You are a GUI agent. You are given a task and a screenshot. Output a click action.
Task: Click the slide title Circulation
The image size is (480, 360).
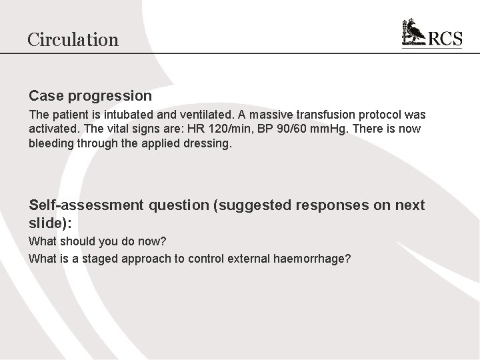pos(73,39)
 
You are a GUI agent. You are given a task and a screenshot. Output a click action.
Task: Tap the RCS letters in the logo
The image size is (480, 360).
pos(444,39)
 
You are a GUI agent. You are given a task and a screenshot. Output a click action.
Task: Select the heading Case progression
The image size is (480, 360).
pos(90,96)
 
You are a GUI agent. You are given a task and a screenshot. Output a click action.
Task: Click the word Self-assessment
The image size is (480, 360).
pos(86,205)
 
